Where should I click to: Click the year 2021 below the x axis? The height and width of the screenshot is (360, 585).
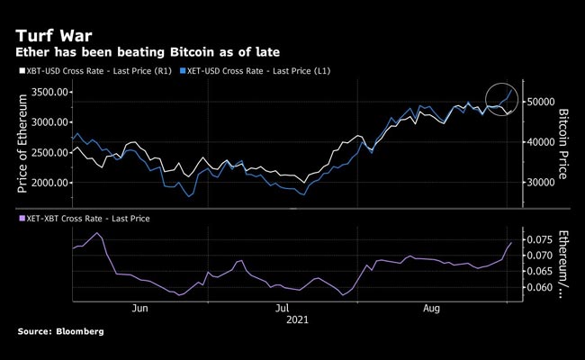[x=298, y=319]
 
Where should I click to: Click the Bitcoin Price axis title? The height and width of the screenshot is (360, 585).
[x=565, y=142]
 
